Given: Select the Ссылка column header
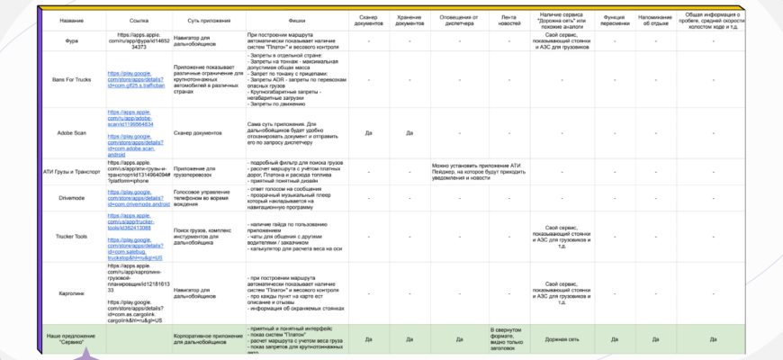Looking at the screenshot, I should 139,19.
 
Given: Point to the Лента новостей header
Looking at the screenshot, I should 508,19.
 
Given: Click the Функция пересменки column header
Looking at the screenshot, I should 616,19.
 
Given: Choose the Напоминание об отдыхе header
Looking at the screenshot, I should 654,19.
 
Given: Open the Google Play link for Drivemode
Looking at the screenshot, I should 139,202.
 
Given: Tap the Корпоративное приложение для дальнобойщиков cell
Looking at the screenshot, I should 206,340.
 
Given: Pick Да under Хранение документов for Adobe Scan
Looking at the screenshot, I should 409,132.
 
